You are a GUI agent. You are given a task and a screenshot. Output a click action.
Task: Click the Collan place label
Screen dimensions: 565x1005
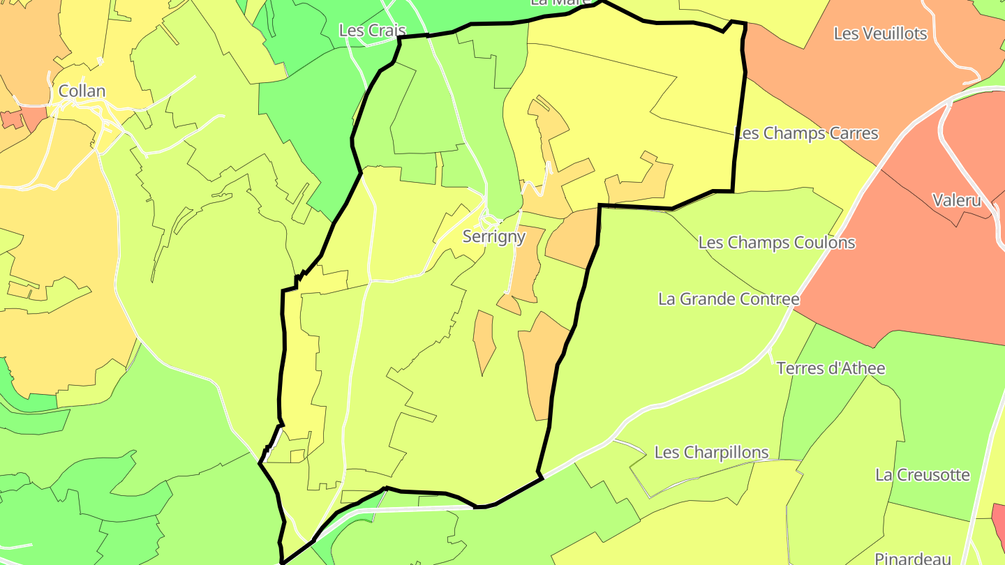tap(82, 91)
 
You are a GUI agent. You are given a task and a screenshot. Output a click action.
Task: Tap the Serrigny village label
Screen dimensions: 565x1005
tap(494, 236)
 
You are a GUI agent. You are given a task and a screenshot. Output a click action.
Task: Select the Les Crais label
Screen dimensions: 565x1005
tap(372, 30)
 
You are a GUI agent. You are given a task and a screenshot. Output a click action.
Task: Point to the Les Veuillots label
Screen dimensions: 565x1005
tap(880, 33)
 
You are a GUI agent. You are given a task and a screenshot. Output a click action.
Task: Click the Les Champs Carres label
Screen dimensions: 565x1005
tap(807, 133)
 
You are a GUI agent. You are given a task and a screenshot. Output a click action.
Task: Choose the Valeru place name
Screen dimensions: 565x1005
tap(957, 200)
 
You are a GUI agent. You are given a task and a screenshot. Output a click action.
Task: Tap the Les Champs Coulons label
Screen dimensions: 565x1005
tap(777, 243)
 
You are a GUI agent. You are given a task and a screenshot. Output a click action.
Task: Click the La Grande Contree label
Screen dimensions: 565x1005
tap(729, 299)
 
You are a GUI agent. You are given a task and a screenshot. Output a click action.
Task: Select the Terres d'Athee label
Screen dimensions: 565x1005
tap(831, 368)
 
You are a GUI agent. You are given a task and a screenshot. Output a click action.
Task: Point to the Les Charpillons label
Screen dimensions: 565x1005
tap(711, 452)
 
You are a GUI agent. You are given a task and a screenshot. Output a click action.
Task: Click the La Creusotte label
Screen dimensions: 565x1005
tap(923, 475)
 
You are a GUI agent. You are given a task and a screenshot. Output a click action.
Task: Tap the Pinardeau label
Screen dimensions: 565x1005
tap(914, 558)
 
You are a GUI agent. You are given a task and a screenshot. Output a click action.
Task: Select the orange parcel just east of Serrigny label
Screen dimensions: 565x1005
tap(572, 237)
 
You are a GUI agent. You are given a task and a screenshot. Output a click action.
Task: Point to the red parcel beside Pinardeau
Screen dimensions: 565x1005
tap(999, 520)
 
